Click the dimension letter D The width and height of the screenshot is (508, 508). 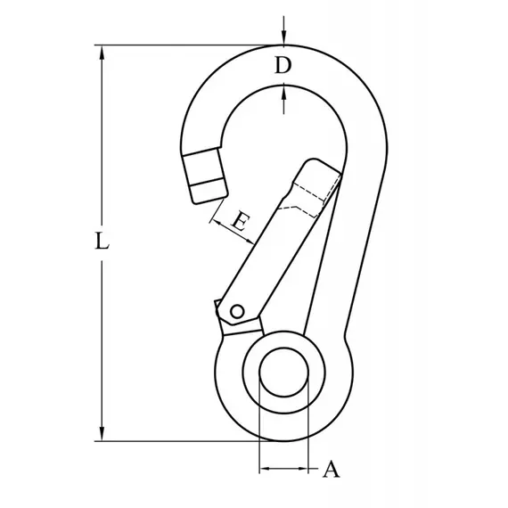coord(283,65)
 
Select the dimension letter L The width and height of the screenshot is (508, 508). coord(102,241)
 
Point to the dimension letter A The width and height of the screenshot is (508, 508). coord(332,469)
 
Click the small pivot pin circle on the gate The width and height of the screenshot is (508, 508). coord(237,312)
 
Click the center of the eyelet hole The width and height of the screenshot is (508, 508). coord(283,373)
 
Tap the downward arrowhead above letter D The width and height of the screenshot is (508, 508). coord(283,37)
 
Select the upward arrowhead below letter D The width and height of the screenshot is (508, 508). coord(283,94)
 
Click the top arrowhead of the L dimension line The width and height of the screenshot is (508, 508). coord(102,53)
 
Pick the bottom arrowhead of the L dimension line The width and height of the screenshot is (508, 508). coord(102,433)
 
